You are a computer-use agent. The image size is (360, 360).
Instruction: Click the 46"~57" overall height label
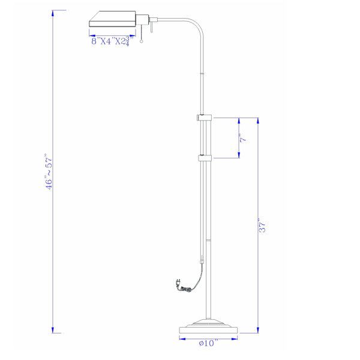click(x=49, y=172)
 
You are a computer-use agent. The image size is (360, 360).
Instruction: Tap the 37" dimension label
click(x=262, y=225)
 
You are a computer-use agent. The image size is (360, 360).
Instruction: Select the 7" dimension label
click(x=244, y=138)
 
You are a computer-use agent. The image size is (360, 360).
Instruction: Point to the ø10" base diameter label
click(x=208, y=343)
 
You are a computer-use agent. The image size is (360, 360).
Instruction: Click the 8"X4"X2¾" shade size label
click(x=112, y=41)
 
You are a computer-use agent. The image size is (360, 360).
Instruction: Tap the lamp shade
click(x=112, y=19)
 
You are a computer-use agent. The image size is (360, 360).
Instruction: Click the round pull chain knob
click(x=142, y=41)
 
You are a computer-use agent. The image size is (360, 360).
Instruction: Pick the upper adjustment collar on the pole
click(x=204, y=118)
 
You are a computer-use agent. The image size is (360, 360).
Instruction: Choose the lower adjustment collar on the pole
click(x=205, y=158)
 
